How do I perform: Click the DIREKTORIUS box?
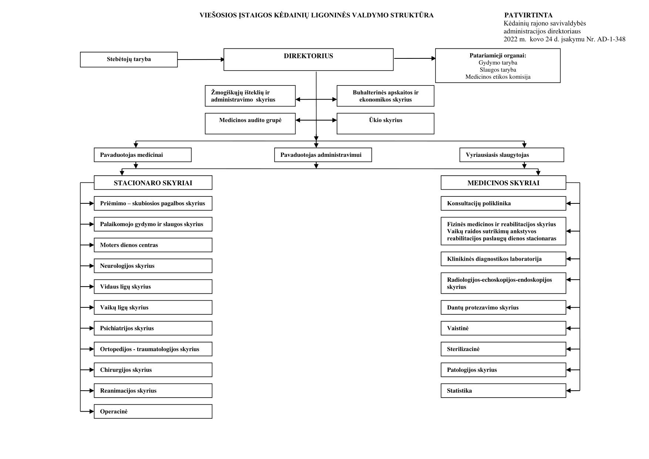(309, 60)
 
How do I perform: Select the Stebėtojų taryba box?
(129, 60)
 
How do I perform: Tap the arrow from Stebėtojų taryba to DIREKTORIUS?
(201, 60)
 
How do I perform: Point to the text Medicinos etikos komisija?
(498, 77)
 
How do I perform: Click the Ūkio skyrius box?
(386, 124)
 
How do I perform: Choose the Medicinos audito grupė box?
(250, 124)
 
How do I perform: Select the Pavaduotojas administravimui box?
(323, 155)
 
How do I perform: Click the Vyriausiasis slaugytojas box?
(512, 155)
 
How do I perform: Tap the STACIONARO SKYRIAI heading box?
(153, 183)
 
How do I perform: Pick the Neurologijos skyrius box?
(153, 266)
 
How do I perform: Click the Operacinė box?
(153, 412)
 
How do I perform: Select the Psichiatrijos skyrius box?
(153, 328)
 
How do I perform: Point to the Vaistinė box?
(503, 328)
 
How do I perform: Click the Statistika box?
(503, 391)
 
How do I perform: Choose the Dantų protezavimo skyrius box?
(503, 308)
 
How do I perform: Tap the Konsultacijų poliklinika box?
(503, 203)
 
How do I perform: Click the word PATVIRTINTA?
(528, 15)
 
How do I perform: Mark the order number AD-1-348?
(611, 39)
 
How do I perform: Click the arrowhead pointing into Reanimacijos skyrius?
(92, 391)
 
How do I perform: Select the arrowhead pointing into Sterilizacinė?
(569, 349)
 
